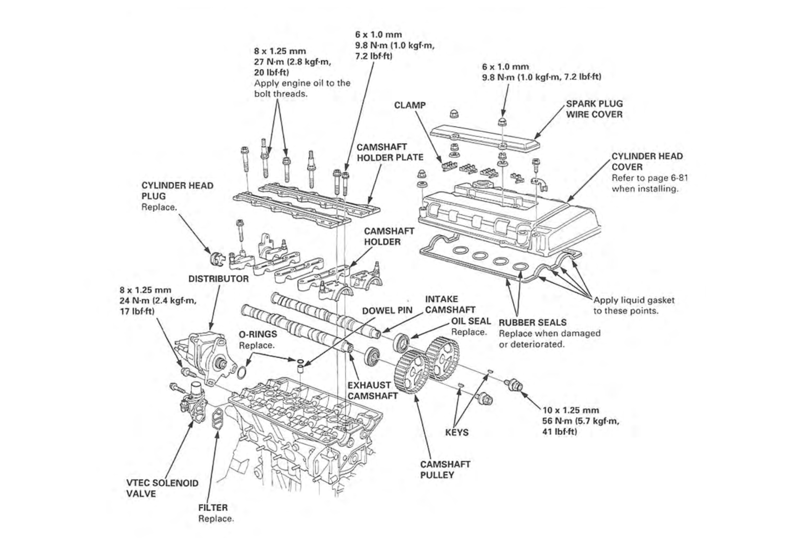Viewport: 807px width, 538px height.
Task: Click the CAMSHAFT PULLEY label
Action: point(445,469)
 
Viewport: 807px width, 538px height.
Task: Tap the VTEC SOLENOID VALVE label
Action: point(162,488)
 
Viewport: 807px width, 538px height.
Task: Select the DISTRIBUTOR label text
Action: point(218,279)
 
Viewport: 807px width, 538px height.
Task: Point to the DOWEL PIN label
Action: point(387,310)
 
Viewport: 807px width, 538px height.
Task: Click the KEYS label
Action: point(457,432)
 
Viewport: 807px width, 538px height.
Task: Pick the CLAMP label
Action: point(410,105)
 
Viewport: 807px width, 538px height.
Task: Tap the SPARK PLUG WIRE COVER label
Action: point(594,109)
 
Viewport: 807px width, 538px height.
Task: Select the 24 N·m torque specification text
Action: point(158,301)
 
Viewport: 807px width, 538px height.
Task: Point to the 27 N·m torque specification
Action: point(292,62)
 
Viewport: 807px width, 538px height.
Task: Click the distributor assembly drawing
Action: point(206,357)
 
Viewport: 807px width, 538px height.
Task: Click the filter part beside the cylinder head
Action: point(218,418)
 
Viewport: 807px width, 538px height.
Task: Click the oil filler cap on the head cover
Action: point(483,184)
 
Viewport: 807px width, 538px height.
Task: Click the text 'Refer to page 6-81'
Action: point(649,178)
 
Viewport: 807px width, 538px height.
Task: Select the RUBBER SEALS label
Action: point(532,322)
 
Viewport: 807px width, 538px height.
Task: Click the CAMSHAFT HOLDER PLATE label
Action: point(390,152)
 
